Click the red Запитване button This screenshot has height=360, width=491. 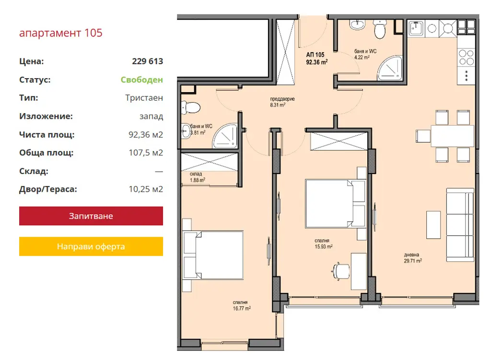[x=91, y=216]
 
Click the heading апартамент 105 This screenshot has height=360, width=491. [x=61, y=33]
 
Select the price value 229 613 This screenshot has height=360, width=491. [x=148, y=61]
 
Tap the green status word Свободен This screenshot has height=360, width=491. [x=142, y=80]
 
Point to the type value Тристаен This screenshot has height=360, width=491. [x=144, y=98]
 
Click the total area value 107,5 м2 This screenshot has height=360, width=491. [x=146, y=153]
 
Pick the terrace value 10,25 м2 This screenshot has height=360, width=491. [x=146, y=189]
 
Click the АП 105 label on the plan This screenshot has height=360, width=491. [x=315, y=55]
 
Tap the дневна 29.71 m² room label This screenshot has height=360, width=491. [x=413, y=257]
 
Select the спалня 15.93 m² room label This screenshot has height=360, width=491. [x=324, y=244]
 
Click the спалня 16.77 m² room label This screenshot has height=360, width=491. [x=242, y=305]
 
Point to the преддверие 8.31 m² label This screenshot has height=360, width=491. [x=282, y=102]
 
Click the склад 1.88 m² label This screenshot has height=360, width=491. [x=197, y=177]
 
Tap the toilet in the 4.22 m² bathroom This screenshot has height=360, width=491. [x=380, y=29]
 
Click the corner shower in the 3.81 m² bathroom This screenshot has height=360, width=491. [x=225, y=136]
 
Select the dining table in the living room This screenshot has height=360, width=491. [x=452, y=136]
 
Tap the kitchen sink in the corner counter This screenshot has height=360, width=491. [x=416, y=28]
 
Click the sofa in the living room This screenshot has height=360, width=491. [x=460, y=225]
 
